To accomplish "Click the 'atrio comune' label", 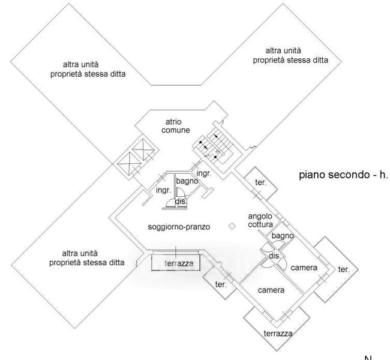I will point(179,125).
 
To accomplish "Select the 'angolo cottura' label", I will point(260,221).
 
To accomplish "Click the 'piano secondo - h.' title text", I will point(343,175).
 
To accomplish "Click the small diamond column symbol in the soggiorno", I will point(232,226).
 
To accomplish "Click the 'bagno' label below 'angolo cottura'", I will point(283,236).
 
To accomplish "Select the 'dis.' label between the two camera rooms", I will point(275,256).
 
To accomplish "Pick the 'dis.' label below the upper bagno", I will point(180,202).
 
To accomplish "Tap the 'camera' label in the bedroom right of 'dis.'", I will point(304,268).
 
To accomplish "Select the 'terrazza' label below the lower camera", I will point(277,333).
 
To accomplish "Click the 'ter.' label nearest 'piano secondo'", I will point(261,182).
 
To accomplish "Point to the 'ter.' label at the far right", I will point(343,270).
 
